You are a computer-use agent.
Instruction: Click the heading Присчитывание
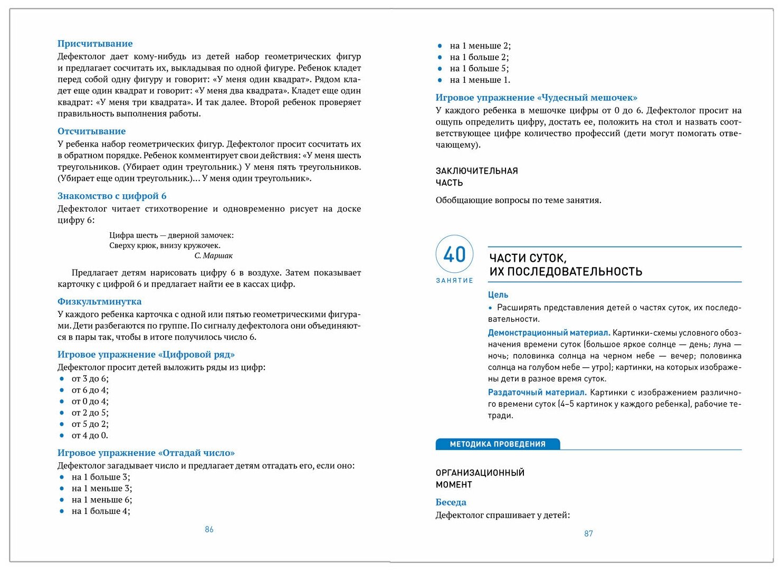point(95,44)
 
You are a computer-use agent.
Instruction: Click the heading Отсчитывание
point(91,131)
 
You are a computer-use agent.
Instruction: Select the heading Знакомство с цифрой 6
point(112,196)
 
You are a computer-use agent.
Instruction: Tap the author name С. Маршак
point(213,256)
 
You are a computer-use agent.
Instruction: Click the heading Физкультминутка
point(99,302)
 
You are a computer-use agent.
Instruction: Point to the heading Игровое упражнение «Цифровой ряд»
point(146,355)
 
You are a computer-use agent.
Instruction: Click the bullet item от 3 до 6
point(90,379)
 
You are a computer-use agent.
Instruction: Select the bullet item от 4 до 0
point(90,436)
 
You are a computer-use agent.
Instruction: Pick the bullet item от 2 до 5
point(90,413)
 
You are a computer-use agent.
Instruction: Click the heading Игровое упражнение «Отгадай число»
point(146,453)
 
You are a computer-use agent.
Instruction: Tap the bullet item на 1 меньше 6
point(102,500)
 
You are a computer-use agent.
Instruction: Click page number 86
point(209,530)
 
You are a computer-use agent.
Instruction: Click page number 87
point(588,534)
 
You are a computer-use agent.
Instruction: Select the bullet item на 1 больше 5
point(479,69)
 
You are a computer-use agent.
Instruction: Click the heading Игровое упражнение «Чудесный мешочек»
point(536,98)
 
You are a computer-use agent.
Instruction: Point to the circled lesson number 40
point(454,254)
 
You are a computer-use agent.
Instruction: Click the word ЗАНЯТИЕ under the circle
point(454,281)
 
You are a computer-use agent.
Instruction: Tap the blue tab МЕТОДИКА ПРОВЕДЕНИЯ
point(497,444)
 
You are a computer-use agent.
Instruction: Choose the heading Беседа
point(451,502)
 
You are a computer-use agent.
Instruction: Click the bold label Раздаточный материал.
point(537,393)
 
